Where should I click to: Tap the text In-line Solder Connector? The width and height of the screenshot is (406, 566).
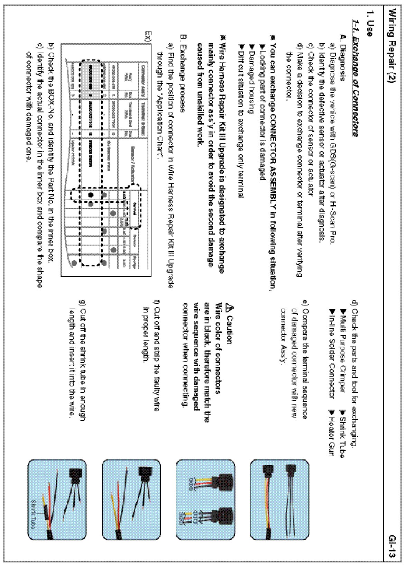click(332, 353)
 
